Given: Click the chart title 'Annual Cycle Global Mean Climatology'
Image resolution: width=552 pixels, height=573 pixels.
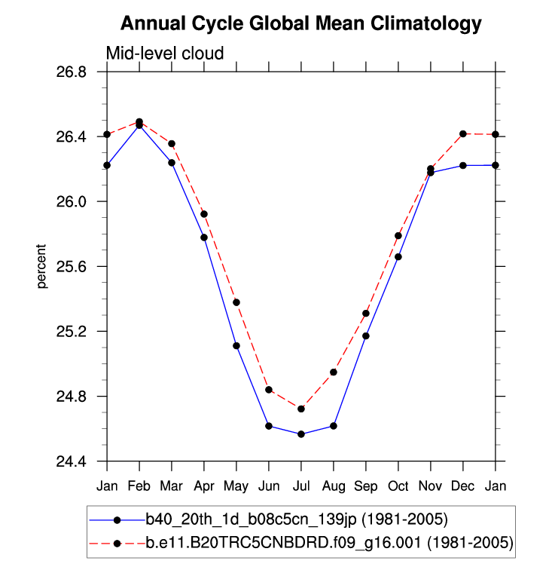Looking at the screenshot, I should [300, 24].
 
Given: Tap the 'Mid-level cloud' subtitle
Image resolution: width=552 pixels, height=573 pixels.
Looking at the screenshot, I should [165, 53].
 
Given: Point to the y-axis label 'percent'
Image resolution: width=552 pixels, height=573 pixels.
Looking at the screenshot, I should [42, 267].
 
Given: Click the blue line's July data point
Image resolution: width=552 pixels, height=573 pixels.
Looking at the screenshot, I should [301, 434].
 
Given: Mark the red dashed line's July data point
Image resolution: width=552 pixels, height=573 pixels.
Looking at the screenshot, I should [301, 409].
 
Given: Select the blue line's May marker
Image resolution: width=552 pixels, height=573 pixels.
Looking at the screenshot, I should [236, 346].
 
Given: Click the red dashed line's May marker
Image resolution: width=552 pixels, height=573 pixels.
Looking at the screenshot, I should [236, 302].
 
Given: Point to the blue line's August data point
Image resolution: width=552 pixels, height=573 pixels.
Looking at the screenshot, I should [334, 426].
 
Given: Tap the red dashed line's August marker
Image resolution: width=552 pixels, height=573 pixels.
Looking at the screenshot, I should [334, 372].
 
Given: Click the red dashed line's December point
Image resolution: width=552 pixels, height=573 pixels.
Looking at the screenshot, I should [463, 133].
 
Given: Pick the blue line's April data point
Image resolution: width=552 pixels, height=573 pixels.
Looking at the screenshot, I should [204, 237].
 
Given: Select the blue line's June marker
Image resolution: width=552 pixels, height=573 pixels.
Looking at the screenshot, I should [269, 426].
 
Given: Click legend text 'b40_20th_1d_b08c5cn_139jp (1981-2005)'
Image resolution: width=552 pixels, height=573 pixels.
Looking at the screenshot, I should [297, 519].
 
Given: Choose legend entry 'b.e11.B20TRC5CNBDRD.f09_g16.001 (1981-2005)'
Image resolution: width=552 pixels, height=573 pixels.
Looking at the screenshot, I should [329, 543].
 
